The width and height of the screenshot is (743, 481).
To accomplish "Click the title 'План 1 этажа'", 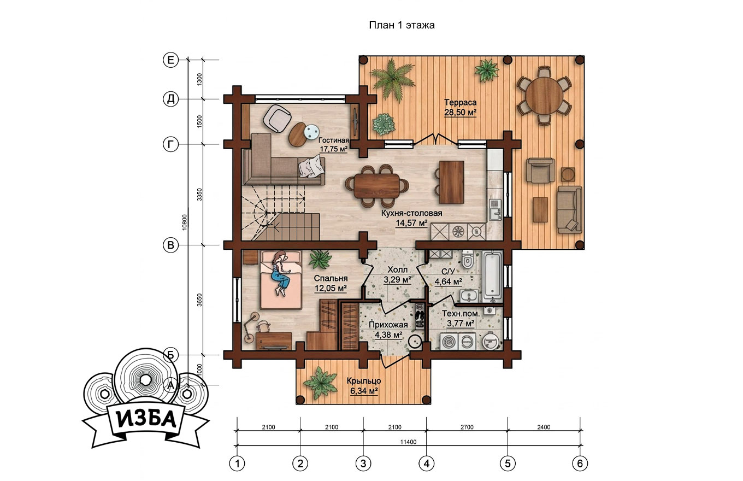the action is (402, 25).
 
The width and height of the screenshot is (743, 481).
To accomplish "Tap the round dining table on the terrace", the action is (544, 96).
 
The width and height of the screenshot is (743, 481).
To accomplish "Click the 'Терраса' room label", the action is (461, 102).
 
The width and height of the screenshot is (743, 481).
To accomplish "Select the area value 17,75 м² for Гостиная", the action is (334, 149).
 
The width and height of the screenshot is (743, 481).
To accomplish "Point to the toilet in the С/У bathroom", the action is (467, 259).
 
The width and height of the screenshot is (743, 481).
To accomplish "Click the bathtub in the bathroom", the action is (492, 277).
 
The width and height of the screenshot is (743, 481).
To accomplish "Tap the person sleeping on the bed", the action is (281, 273).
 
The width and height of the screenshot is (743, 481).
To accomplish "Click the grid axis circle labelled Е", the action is (170, 60).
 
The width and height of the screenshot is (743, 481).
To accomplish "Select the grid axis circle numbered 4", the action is (427, 463).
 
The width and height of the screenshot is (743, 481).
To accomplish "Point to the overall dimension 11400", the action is (408, 442).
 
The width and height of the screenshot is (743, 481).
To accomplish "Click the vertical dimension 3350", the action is (199, 195).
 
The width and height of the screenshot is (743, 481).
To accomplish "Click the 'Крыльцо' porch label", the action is (364, 381).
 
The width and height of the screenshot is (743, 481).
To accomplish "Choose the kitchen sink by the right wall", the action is (495, 210).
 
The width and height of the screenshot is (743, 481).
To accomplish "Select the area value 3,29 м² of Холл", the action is (397, 280).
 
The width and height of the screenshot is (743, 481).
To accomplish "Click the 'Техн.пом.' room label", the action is (461, 314).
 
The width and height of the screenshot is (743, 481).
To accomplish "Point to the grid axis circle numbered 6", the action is (580, 463).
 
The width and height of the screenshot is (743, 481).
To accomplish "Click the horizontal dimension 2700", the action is (467, 427).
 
